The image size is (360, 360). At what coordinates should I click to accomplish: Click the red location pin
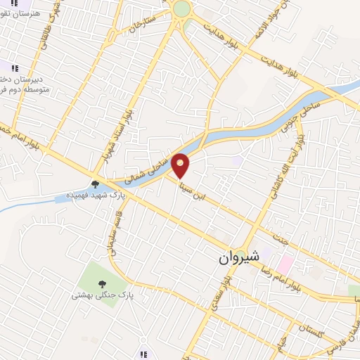(181, 165)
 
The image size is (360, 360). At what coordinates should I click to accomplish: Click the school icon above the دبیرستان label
(14, 67)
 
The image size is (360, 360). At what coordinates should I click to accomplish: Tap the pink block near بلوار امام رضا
(285, 264)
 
